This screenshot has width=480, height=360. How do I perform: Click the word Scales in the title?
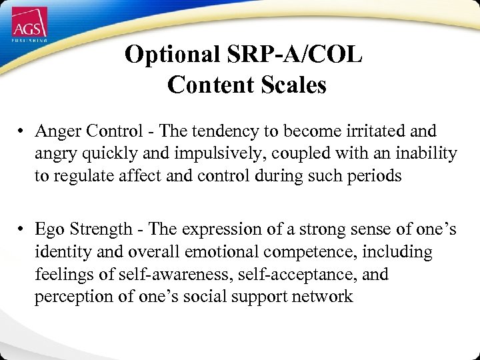tap(293, 85)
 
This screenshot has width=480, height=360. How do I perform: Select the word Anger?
tap(57, 131)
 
